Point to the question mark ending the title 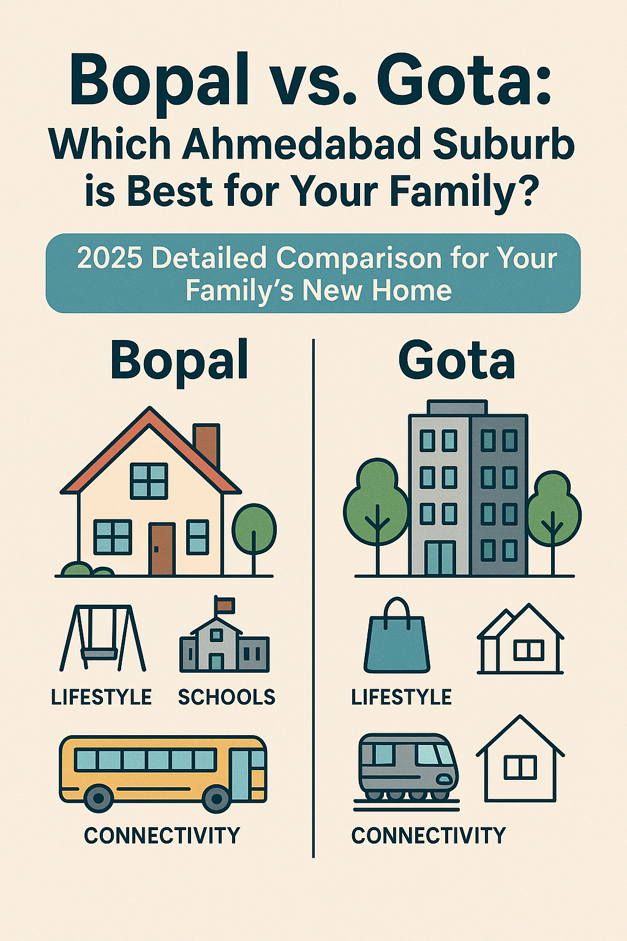coord(527,191)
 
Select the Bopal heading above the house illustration coord(179,361)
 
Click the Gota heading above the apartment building coord(456,361)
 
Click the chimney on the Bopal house coord(206,444)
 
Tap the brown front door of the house coord(162,548)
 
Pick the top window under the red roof coord(149,480)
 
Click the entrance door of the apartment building coord(440,557)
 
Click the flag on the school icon coord(225,605)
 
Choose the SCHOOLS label coord(227,697)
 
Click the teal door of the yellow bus coord(241,773)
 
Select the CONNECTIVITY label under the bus coord(162,836)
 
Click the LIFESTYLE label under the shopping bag coord(401,697)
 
